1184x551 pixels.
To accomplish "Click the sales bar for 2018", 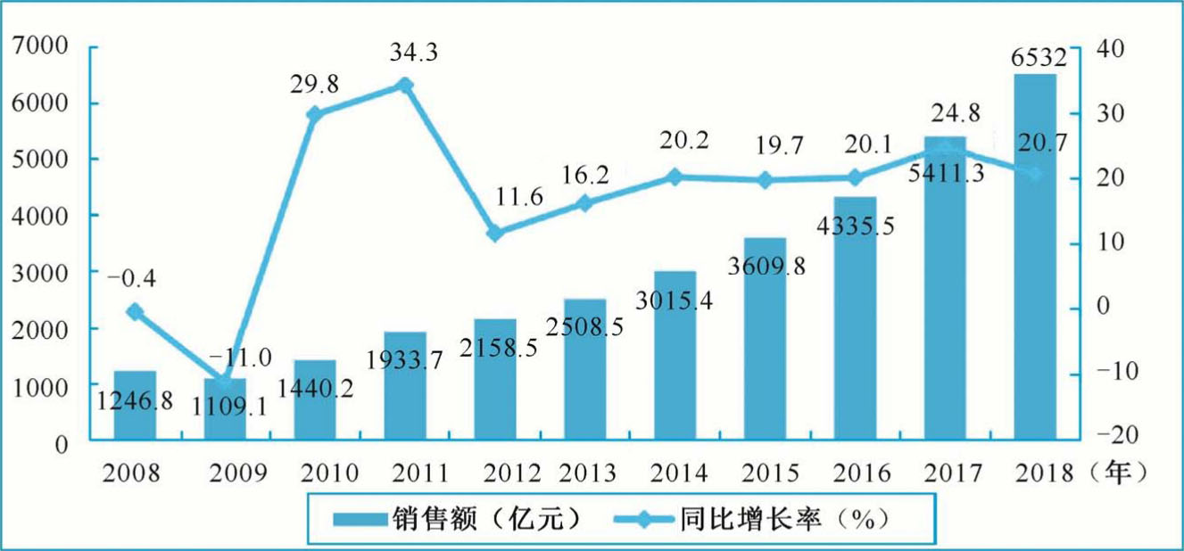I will coord(1034,267).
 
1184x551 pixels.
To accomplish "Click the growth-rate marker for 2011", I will coord(404,86).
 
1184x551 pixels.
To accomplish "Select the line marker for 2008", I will coord(135,311).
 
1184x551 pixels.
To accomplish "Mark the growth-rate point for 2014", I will coord(675,177).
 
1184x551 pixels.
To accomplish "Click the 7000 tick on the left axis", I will coord(37,46).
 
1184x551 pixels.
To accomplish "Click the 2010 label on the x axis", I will coord(314,473).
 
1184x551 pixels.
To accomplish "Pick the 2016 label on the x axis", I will coord(854,473).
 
